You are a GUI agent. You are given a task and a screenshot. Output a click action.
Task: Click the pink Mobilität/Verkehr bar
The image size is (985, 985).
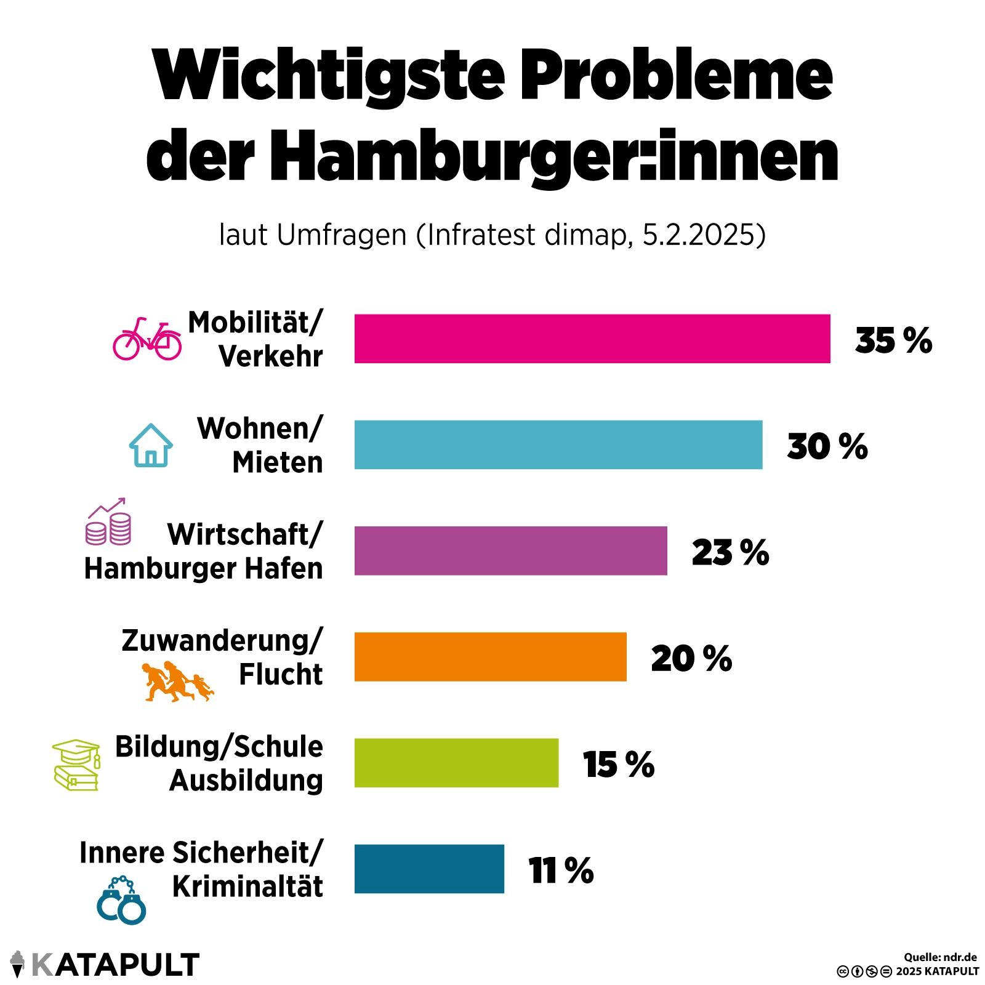pos(592,339)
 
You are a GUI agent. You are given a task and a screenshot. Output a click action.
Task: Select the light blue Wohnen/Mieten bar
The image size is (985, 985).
pos(558,444)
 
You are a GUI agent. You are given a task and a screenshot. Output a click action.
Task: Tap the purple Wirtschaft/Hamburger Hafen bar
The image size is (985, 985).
pos(510,550)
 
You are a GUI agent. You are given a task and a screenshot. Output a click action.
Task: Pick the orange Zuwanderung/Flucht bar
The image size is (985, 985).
pos(490,656)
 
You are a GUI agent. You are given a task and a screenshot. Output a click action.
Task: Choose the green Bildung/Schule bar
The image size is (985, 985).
pos(456,762)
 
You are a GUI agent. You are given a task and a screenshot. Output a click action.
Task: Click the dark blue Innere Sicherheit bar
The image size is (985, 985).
pos(429,869)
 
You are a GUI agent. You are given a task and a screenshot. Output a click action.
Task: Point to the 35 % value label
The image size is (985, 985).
pos(893,340)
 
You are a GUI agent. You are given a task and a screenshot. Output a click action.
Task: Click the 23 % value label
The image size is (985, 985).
pos(730,552)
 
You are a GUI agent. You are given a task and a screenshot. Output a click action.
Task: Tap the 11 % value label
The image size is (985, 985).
pos(560,870)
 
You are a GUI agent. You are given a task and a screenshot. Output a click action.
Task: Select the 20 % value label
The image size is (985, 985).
pos(691,658)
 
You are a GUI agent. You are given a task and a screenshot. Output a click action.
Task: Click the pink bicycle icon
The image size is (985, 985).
pos(147,339)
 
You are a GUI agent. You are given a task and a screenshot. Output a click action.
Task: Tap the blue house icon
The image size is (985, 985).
pos(151,445)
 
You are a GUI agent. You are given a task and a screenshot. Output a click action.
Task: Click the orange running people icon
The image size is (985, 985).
pos(177,681)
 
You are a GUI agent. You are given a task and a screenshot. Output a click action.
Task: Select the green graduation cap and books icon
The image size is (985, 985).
pos(76,765)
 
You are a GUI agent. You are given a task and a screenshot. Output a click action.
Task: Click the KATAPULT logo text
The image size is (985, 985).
pos(115,965)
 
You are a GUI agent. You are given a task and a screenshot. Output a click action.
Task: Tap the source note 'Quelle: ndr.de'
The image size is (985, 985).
pos(940,957)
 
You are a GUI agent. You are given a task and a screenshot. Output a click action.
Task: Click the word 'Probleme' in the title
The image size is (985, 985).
pos(676,75)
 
